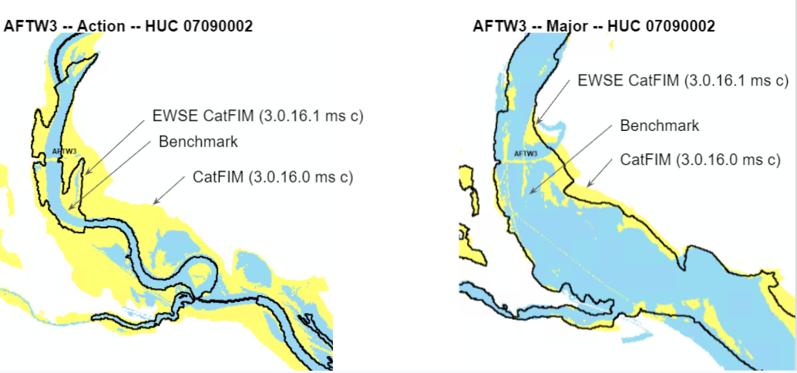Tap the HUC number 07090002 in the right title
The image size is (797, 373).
[x=680, y=26]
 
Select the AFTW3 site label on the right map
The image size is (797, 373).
[x=524, y=153]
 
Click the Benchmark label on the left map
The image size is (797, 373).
[x=198, y=142]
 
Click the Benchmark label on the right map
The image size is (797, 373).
[x=659, y=126]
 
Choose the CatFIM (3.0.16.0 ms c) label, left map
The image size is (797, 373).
[x=272, y=177]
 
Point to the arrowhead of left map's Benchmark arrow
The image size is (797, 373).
[x=69, y=209]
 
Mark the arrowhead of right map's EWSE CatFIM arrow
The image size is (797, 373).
[x=537, y=123]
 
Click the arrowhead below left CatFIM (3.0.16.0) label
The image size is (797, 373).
[x=155, y=203]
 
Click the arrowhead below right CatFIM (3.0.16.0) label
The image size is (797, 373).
[x=587, y=186]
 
